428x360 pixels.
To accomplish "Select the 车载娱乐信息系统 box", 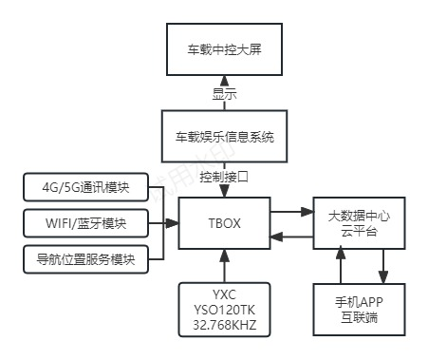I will coord(224,137).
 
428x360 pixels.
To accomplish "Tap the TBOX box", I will coord(224,224).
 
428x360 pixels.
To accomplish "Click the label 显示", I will coord(224,94).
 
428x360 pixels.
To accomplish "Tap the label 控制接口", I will coord(224,177).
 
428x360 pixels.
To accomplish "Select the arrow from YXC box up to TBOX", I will coord(224,263).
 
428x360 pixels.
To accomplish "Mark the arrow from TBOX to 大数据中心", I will coord(290,212).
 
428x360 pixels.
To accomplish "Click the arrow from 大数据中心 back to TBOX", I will coord(290,237).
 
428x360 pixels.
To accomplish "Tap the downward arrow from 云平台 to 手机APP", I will coord(384,262).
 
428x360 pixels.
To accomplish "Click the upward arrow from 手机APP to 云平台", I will coord(339,262).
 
